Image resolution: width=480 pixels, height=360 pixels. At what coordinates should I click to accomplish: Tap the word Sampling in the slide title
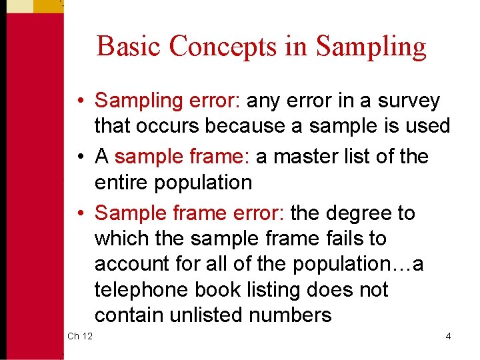[371, 47]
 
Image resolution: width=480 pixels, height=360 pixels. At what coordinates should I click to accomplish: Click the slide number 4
[448, 336]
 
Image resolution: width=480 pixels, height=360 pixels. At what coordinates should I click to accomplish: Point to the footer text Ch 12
[80, 336]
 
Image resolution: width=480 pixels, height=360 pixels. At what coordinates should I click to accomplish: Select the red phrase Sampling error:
[169, 101]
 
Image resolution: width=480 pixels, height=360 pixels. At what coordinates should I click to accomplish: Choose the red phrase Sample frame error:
[190, 213]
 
